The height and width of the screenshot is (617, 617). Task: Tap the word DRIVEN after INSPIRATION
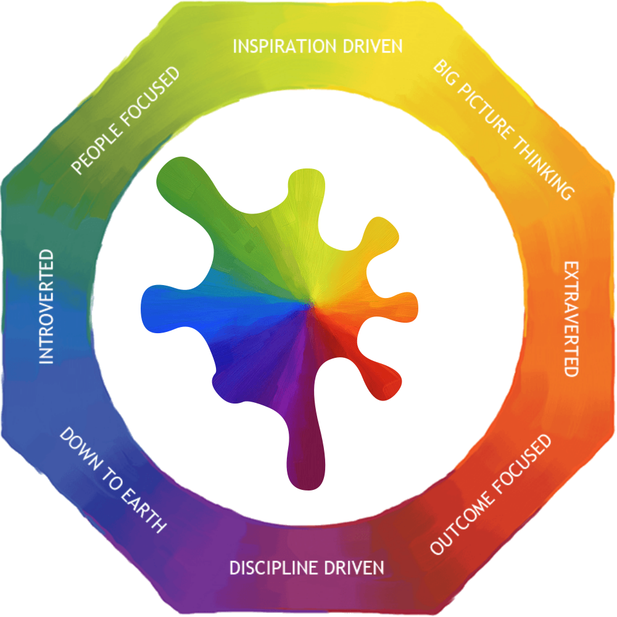tap(373, 46)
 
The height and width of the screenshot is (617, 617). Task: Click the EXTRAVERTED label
tap(571, 318)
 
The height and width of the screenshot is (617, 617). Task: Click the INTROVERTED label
tap(46, 307)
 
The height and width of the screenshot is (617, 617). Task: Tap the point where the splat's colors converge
tap(313, 303)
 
